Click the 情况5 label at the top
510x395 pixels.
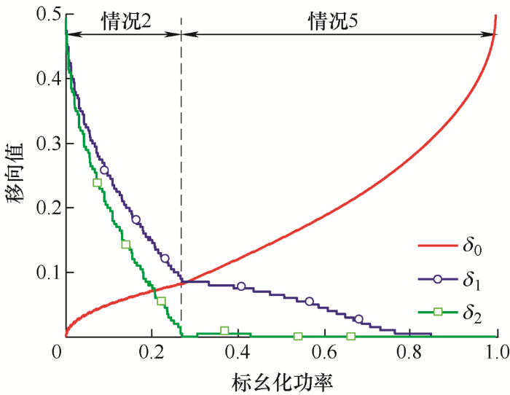337,21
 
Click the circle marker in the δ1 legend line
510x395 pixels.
438,280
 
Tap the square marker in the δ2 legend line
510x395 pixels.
438,312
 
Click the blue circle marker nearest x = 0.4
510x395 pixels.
241,286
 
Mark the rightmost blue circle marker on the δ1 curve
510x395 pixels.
358,318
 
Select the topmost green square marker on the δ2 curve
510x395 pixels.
97,183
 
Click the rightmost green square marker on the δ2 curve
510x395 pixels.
350,336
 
